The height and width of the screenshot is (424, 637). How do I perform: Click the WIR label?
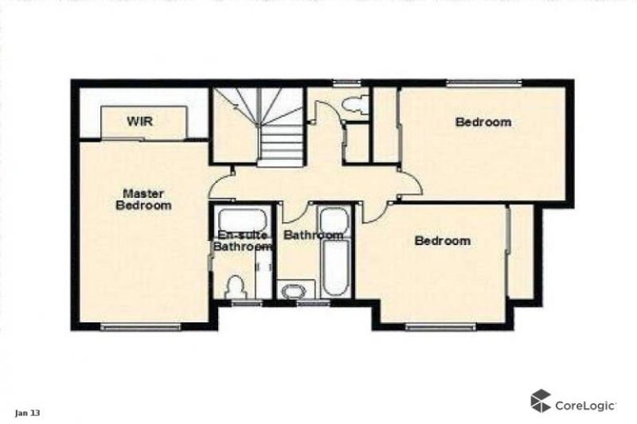(139, 121)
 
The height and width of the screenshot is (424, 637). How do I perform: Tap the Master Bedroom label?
(144, 199)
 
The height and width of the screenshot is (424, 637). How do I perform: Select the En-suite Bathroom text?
(243, 240)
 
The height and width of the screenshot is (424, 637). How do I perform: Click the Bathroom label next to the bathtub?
(313, 235)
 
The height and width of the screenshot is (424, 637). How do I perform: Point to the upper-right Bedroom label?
(483, 122)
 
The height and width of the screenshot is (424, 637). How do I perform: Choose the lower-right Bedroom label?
(443, 240)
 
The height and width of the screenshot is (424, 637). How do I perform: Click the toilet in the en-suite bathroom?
(236, 287)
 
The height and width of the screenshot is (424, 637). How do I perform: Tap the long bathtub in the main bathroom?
(335, 268)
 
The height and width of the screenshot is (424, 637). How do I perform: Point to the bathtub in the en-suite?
(242, 220)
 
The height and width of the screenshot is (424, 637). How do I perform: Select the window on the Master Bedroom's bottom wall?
(141, 327)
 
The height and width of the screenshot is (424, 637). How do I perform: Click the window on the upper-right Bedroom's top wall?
(483, 83)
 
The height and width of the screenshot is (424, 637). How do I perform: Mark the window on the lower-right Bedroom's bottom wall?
(440, 327)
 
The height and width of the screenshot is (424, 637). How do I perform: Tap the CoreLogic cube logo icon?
(541, 401)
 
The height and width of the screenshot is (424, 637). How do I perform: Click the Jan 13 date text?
(28, 414)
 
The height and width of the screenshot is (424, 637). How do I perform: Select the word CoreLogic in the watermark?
(585, 406)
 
